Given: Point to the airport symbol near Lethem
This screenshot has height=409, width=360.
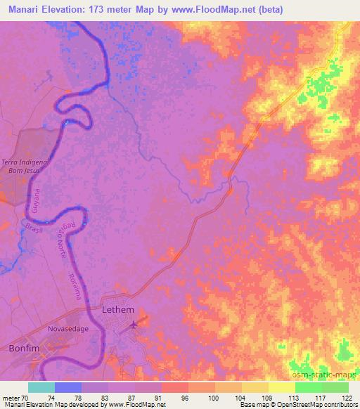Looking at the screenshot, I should click(134, 325).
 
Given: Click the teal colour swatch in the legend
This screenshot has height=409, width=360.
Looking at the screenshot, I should click(41, 387).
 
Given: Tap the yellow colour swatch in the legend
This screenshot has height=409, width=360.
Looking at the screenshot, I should click(282, 387).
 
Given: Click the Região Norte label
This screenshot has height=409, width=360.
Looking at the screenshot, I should click(61, 239).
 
